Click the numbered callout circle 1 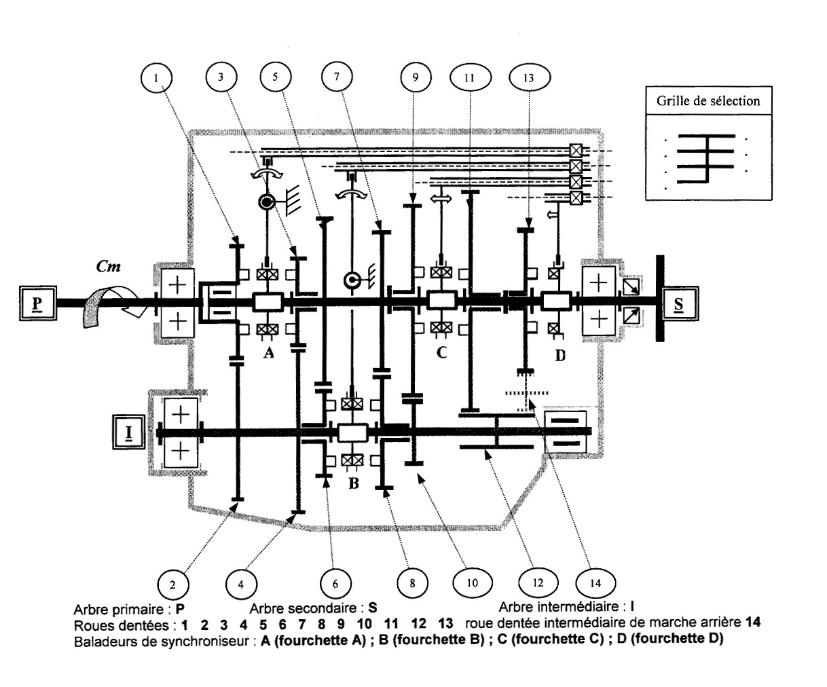[x=157, y=78]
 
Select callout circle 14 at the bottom [x=595, y=582]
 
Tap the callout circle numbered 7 [x=335, y=77]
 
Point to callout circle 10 [x=473, y=582]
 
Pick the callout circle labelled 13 [x=529, y=77]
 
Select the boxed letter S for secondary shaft [x=680, y=303]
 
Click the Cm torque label [x=109, y=267]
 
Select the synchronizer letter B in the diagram [x=352, y=484]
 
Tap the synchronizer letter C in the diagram [x=442, y=353]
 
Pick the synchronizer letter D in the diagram [x=560, y=354]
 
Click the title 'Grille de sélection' [x=707, y=102]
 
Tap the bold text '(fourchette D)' [x=686, y=639]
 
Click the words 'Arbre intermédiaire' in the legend [x=556, y=606]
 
